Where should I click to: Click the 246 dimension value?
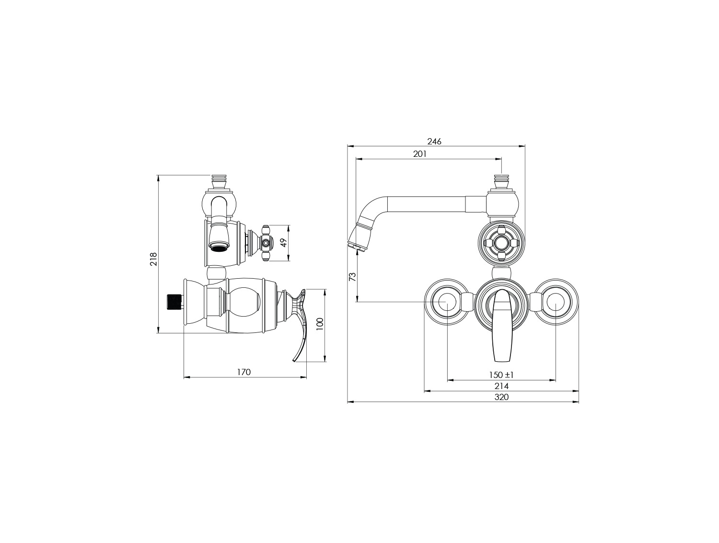pos(434,141)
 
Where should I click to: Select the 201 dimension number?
pos(419,154)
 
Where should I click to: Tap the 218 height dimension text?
pos(154,259)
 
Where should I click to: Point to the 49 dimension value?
pos(284,243)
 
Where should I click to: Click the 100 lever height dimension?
pos(320,323)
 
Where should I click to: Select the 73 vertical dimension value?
pos(352,277)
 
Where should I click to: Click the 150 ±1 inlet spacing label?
pos(501,375)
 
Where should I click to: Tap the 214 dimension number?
pos(501,386)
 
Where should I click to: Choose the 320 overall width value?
pos(501,397)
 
